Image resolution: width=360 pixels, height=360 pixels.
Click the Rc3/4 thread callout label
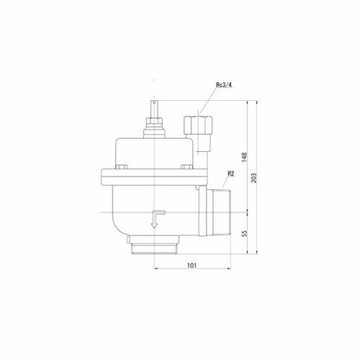(x=224, y=85)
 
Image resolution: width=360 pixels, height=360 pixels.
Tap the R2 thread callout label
(x=230, y=174)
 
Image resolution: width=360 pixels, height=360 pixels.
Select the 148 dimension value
(x=244, y=157)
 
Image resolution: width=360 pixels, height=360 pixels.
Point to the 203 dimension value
(x=254, y=178)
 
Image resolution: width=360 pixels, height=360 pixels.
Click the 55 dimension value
(x=244, y=233)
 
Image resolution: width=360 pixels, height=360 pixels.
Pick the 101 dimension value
(x=192, y=265)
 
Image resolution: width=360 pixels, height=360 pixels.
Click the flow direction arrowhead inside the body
(x=154, y=225)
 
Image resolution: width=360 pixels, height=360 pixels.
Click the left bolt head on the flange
(x=121, y=167)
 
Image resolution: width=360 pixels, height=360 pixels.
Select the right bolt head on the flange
(x=186, y=167)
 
